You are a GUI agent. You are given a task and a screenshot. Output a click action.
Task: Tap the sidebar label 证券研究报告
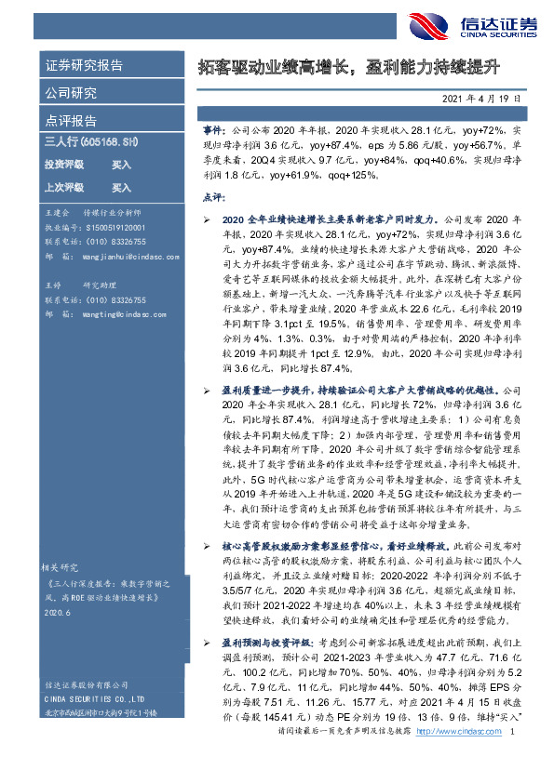click(x=85, y=66)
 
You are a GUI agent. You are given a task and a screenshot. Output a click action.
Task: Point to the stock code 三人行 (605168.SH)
click(x=91, y=141)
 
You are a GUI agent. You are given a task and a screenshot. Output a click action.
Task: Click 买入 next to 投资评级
click(x=121, y=164)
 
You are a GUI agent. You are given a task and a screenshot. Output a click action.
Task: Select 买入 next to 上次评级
click(x=121, y=187)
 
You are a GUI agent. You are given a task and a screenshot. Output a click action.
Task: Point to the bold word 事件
click(x=213, y=134)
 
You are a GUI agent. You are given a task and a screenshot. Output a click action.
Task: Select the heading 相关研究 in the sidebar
click(x=63, y=566)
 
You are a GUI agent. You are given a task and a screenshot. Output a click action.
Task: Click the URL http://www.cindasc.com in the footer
click(x=459, y=758)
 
